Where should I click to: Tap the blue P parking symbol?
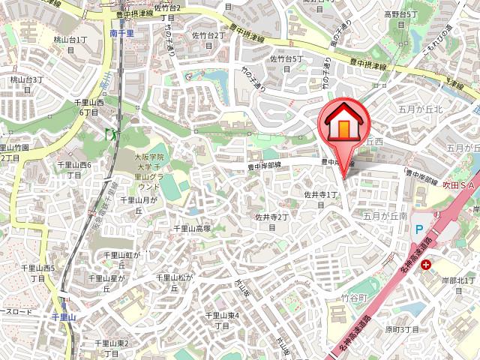point(419,231)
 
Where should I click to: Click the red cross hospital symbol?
point(426,264)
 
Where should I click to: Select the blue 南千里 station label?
point(121,34)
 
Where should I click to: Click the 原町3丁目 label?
point(401,329)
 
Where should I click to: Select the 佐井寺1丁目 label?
point(322,198)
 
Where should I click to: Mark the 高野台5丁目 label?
point(400,19)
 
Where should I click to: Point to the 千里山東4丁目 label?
point(222,320)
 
